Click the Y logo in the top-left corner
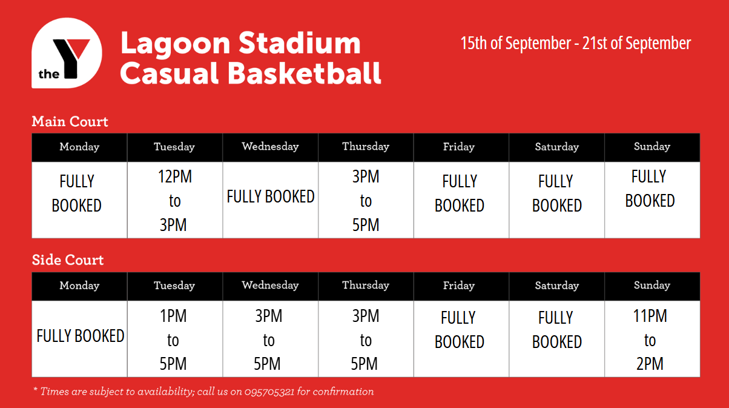pyautogui.click(x=67, y=53)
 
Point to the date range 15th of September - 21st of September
pyautogui.click(x=575, y=43)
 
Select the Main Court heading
pyautogui.click(x=70, y=122)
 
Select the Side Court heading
pyautogui.click(x=68, y=260)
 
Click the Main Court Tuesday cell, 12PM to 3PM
pyautogui.click(x=175, y=200)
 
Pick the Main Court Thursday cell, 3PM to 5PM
pyautogui.click(x=366, y=200)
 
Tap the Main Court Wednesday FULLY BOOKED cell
pyautogui.click(x=271, y=200)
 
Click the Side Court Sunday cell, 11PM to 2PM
pyautogui.click(x=652, y=339)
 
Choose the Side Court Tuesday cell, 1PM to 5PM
pyautogui.click(x=175, y=339)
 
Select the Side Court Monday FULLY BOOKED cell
pyautogui.click(x=79, y=339)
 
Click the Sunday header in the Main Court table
pyautogui.click(x=652, y=147)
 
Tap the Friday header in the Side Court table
pyautogui.click(x=459, y=286)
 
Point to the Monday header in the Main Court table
pyautogui.click(x=79, y=147)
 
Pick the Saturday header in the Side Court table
pyautogui.click(x=557, y=286)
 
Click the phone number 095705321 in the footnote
pyautogui.click(x=269, y=392)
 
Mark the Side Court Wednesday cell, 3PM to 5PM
pyautogui.click(x=271, y=339)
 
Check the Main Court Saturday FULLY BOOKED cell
pyautogui.click(x=557, y=200)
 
